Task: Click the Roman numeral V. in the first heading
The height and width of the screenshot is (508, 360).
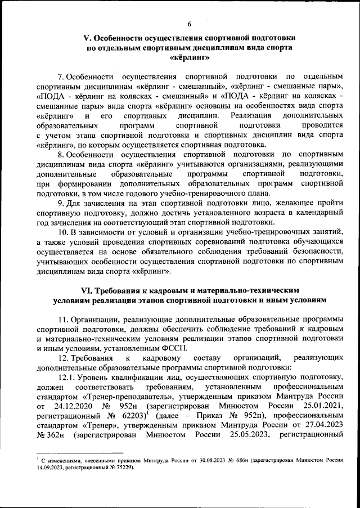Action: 87,38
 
